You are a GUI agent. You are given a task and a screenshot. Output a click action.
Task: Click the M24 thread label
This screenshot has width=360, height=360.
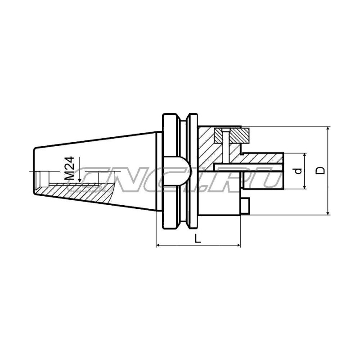point(69,169)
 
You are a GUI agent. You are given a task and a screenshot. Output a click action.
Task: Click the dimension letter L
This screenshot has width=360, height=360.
point(198,239)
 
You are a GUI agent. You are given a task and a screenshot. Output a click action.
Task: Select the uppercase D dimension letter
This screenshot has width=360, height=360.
point(320,171)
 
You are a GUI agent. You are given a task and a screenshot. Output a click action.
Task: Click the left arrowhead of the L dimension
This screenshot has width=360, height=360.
point(158,246)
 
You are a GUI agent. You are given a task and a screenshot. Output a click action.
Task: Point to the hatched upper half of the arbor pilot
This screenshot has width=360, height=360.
point(261,159)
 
